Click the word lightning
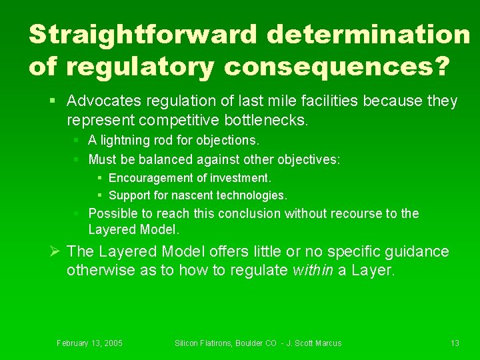pos(124,141)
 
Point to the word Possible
pos(110,214)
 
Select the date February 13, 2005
pos(89,343)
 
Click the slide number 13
pos(455,343)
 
